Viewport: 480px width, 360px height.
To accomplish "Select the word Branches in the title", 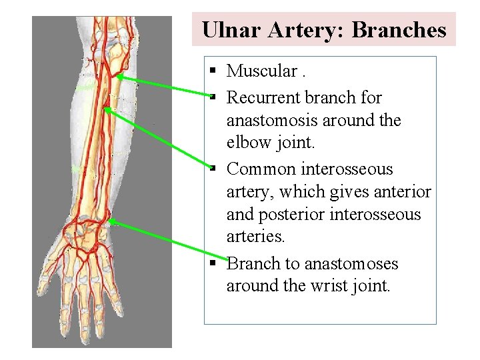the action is click(x=399, y=30).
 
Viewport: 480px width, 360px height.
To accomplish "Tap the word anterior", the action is click(x=401, y=192).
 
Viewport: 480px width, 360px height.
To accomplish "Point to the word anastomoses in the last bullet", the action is click(x=351, y=263).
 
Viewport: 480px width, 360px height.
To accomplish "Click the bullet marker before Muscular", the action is click(x=211, y=70).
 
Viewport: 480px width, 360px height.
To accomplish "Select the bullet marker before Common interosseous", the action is click(x=211, y=169).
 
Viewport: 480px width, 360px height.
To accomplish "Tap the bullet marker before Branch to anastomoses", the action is click(x=211, y=263).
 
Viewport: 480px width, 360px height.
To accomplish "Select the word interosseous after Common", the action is click(x=348, y=169).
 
